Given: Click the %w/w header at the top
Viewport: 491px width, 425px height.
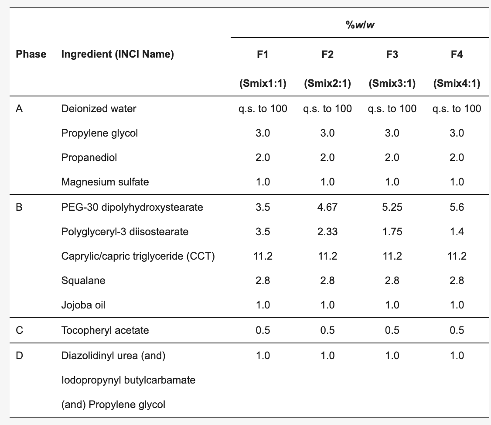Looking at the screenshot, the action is pyautogui.click(x=360, y=25).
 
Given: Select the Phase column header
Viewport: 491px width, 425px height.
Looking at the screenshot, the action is pyautogui.click(x=31, y=54).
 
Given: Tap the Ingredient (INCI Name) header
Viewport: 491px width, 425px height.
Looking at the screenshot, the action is pyautogui.click(x=117, y=54).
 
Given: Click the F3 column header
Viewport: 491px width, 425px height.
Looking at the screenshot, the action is pyautogui.click(x=392, y=55).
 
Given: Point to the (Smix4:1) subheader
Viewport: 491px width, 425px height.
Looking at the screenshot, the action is pyautogui.click(x=457, y=83).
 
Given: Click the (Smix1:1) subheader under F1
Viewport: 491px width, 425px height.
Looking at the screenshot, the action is pyautogui.click(x=263, y=83).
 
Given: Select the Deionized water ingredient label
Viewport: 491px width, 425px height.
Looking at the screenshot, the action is pyautogui.click(x=99, y=109).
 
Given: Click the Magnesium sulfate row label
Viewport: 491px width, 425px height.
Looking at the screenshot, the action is pyautogui.click(x=105, y=182).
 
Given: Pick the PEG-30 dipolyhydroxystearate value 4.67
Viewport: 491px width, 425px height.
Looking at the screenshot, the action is pyautogui.click(x=327, y=207).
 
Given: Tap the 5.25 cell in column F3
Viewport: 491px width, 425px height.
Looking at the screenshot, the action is pyautogui.click(x=392, y=207).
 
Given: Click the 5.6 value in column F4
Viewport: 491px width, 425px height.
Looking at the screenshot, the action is pyautogui.click(x=457, y=207).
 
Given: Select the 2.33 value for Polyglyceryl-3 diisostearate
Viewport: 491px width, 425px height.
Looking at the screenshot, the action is pyautogui.click(x=327, y=232).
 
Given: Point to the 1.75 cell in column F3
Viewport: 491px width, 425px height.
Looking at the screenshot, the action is pyautogui.click(x=392, y=232).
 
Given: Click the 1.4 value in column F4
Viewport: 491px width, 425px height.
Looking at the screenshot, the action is pyautogui.click(x=457, y=232).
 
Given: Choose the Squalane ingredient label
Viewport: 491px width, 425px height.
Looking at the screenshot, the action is pyautogui.click(x=83, y=281).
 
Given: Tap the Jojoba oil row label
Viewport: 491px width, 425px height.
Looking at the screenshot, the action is pyautogui.click(x=83, y=305).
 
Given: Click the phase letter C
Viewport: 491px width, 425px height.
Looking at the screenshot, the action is pyautogui.click(x=19, y=330).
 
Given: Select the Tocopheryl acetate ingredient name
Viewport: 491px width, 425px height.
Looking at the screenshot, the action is pyautogui.click(x=105, y=330).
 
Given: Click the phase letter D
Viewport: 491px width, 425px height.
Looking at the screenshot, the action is pyautogui.click(x=19, y=356).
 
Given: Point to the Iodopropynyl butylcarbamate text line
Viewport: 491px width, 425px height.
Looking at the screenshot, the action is pyautogui.click(x=128, y=380).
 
